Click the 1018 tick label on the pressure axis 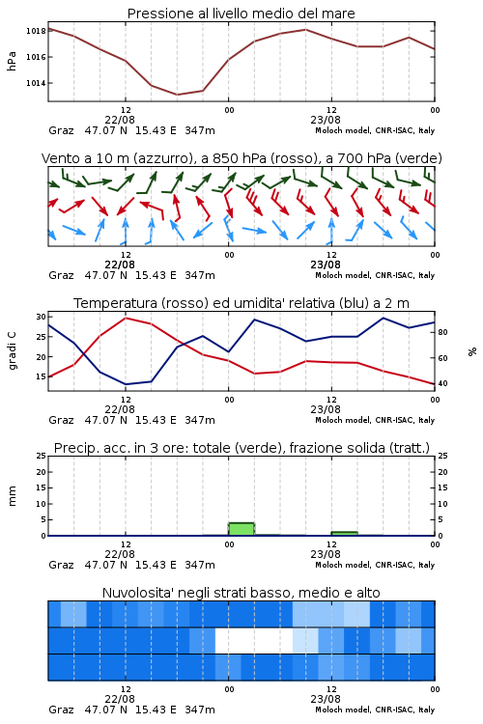[36, 31]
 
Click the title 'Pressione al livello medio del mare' [241, 14]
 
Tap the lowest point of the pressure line [177, 95]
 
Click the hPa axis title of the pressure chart [12, 61]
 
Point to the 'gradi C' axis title [12, 350]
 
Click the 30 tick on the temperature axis [41, 317]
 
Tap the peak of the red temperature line [126, 318]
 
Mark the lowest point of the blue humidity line [126, 384]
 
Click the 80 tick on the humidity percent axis [442, 332]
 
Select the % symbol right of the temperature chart [472, 351]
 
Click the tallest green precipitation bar [241, 529]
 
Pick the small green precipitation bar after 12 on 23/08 [344, 534]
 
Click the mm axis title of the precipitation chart [12, 496]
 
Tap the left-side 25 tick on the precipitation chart [41, 456]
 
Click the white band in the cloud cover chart [254, 640]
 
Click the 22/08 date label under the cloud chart [120, 699]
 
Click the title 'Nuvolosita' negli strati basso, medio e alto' [241, 593]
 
